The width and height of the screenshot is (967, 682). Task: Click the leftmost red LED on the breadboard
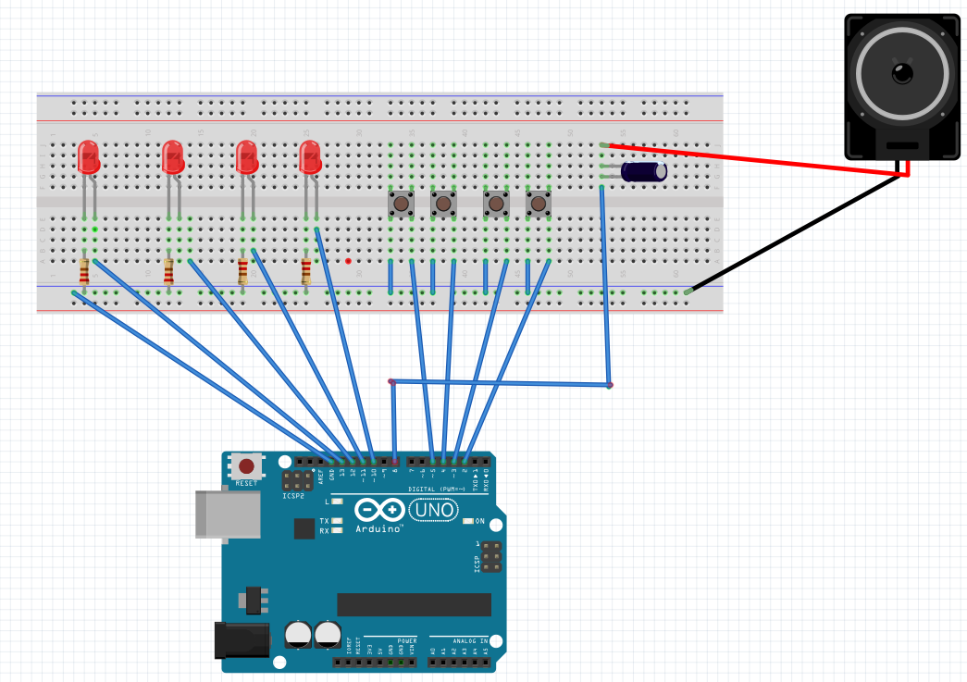88,156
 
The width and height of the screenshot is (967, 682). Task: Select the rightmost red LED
309,156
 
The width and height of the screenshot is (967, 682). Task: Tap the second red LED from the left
173,157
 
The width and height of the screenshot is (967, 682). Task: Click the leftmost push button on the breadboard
401,203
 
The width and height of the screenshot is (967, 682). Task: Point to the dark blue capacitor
644,171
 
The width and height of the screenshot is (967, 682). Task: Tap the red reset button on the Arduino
246,465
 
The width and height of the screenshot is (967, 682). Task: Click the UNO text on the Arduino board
434,510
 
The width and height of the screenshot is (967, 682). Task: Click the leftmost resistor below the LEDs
84,272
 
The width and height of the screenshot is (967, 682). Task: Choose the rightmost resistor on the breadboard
306,272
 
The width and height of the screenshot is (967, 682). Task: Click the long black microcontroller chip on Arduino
414,604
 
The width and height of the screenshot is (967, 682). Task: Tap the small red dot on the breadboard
348,261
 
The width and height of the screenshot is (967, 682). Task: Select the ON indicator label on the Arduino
479,521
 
